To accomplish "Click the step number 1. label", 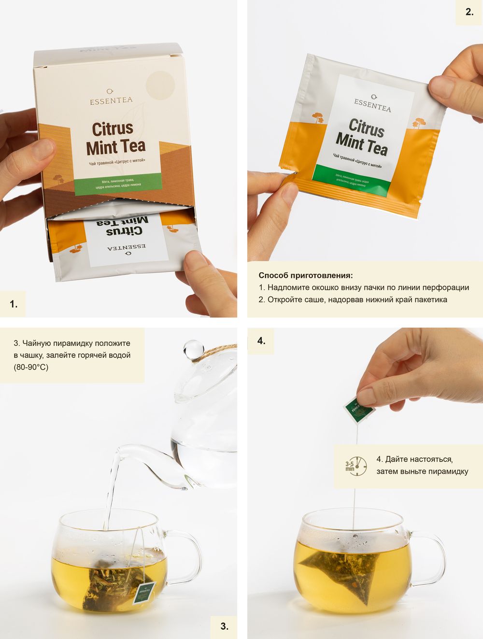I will pos(13,304).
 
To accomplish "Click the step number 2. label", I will pos(469,12).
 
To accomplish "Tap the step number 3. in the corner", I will pos(224,626).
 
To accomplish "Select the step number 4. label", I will pos(261,341).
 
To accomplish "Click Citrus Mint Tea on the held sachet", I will pos(362,138).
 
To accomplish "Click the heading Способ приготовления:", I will pos(306,275).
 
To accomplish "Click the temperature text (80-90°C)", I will pos(31,367).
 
